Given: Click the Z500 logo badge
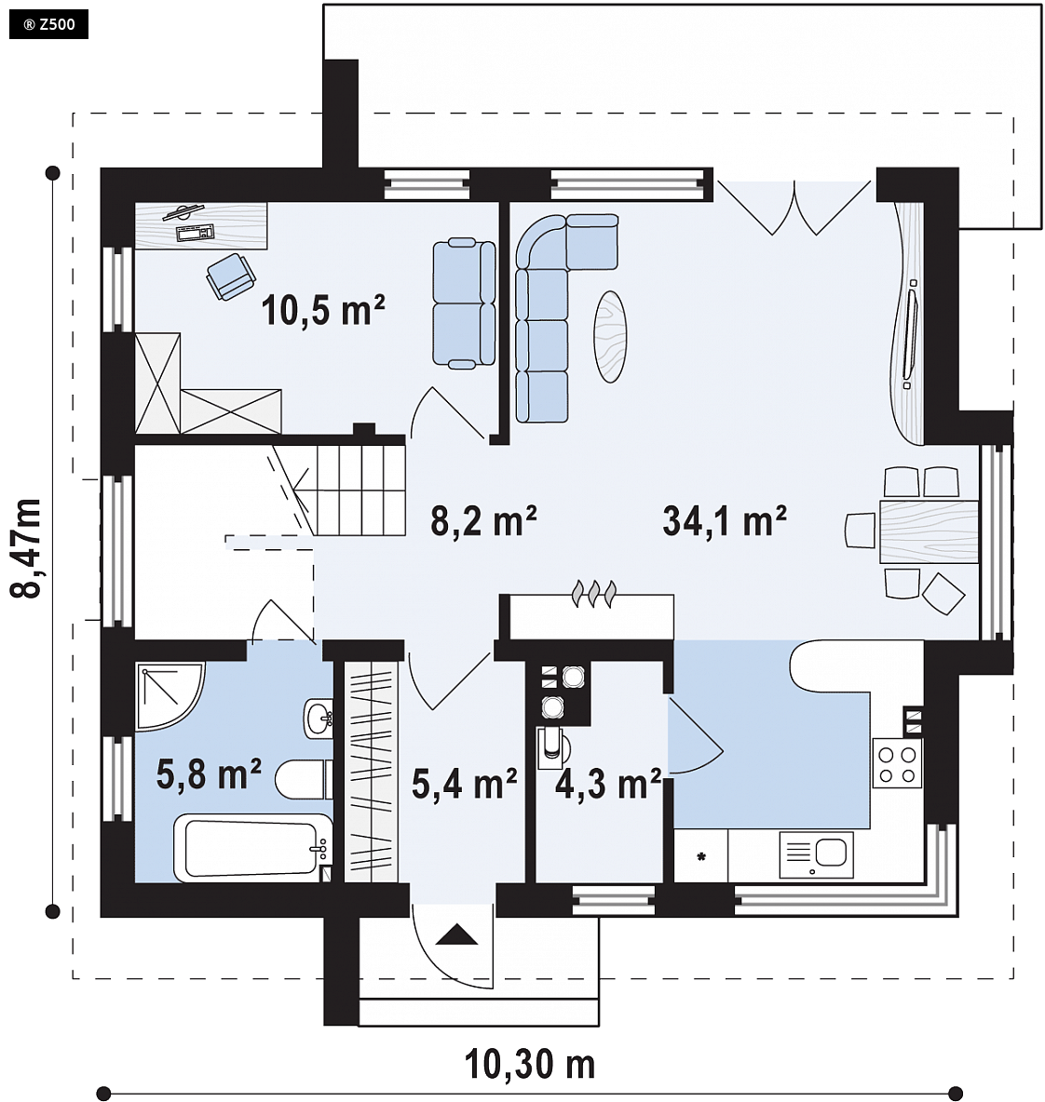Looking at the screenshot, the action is click(x=48, y=24).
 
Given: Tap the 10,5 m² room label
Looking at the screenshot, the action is click(x=323, y=309).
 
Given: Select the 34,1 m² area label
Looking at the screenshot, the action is click(x=725, y=521).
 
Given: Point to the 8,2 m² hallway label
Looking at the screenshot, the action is click(x=483, y=521).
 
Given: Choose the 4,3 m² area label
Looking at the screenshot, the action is click(x=608, y=784).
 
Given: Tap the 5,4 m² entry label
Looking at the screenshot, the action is click(x=464, y=784).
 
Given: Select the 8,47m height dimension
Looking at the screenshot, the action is click(x=26, y=548).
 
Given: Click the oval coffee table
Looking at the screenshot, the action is click(x=610, y=337).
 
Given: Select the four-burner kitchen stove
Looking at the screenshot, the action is click(x=897, y=763).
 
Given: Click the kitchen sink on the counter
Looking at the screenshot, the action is click(x=816, y=854).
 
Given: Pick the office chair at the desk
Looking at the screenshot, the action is click(x=230, y=276).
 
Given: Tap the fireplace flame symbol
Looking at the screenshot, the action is click(x=594, y=593).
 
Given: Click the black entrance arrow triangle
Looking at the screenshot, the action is click(x=456, y=934).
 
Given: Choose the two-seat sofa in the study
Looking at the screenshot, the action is click(x=464, y=302).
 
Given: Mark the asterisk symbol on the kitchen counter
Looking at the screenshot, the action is click(x=701, y=856).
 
